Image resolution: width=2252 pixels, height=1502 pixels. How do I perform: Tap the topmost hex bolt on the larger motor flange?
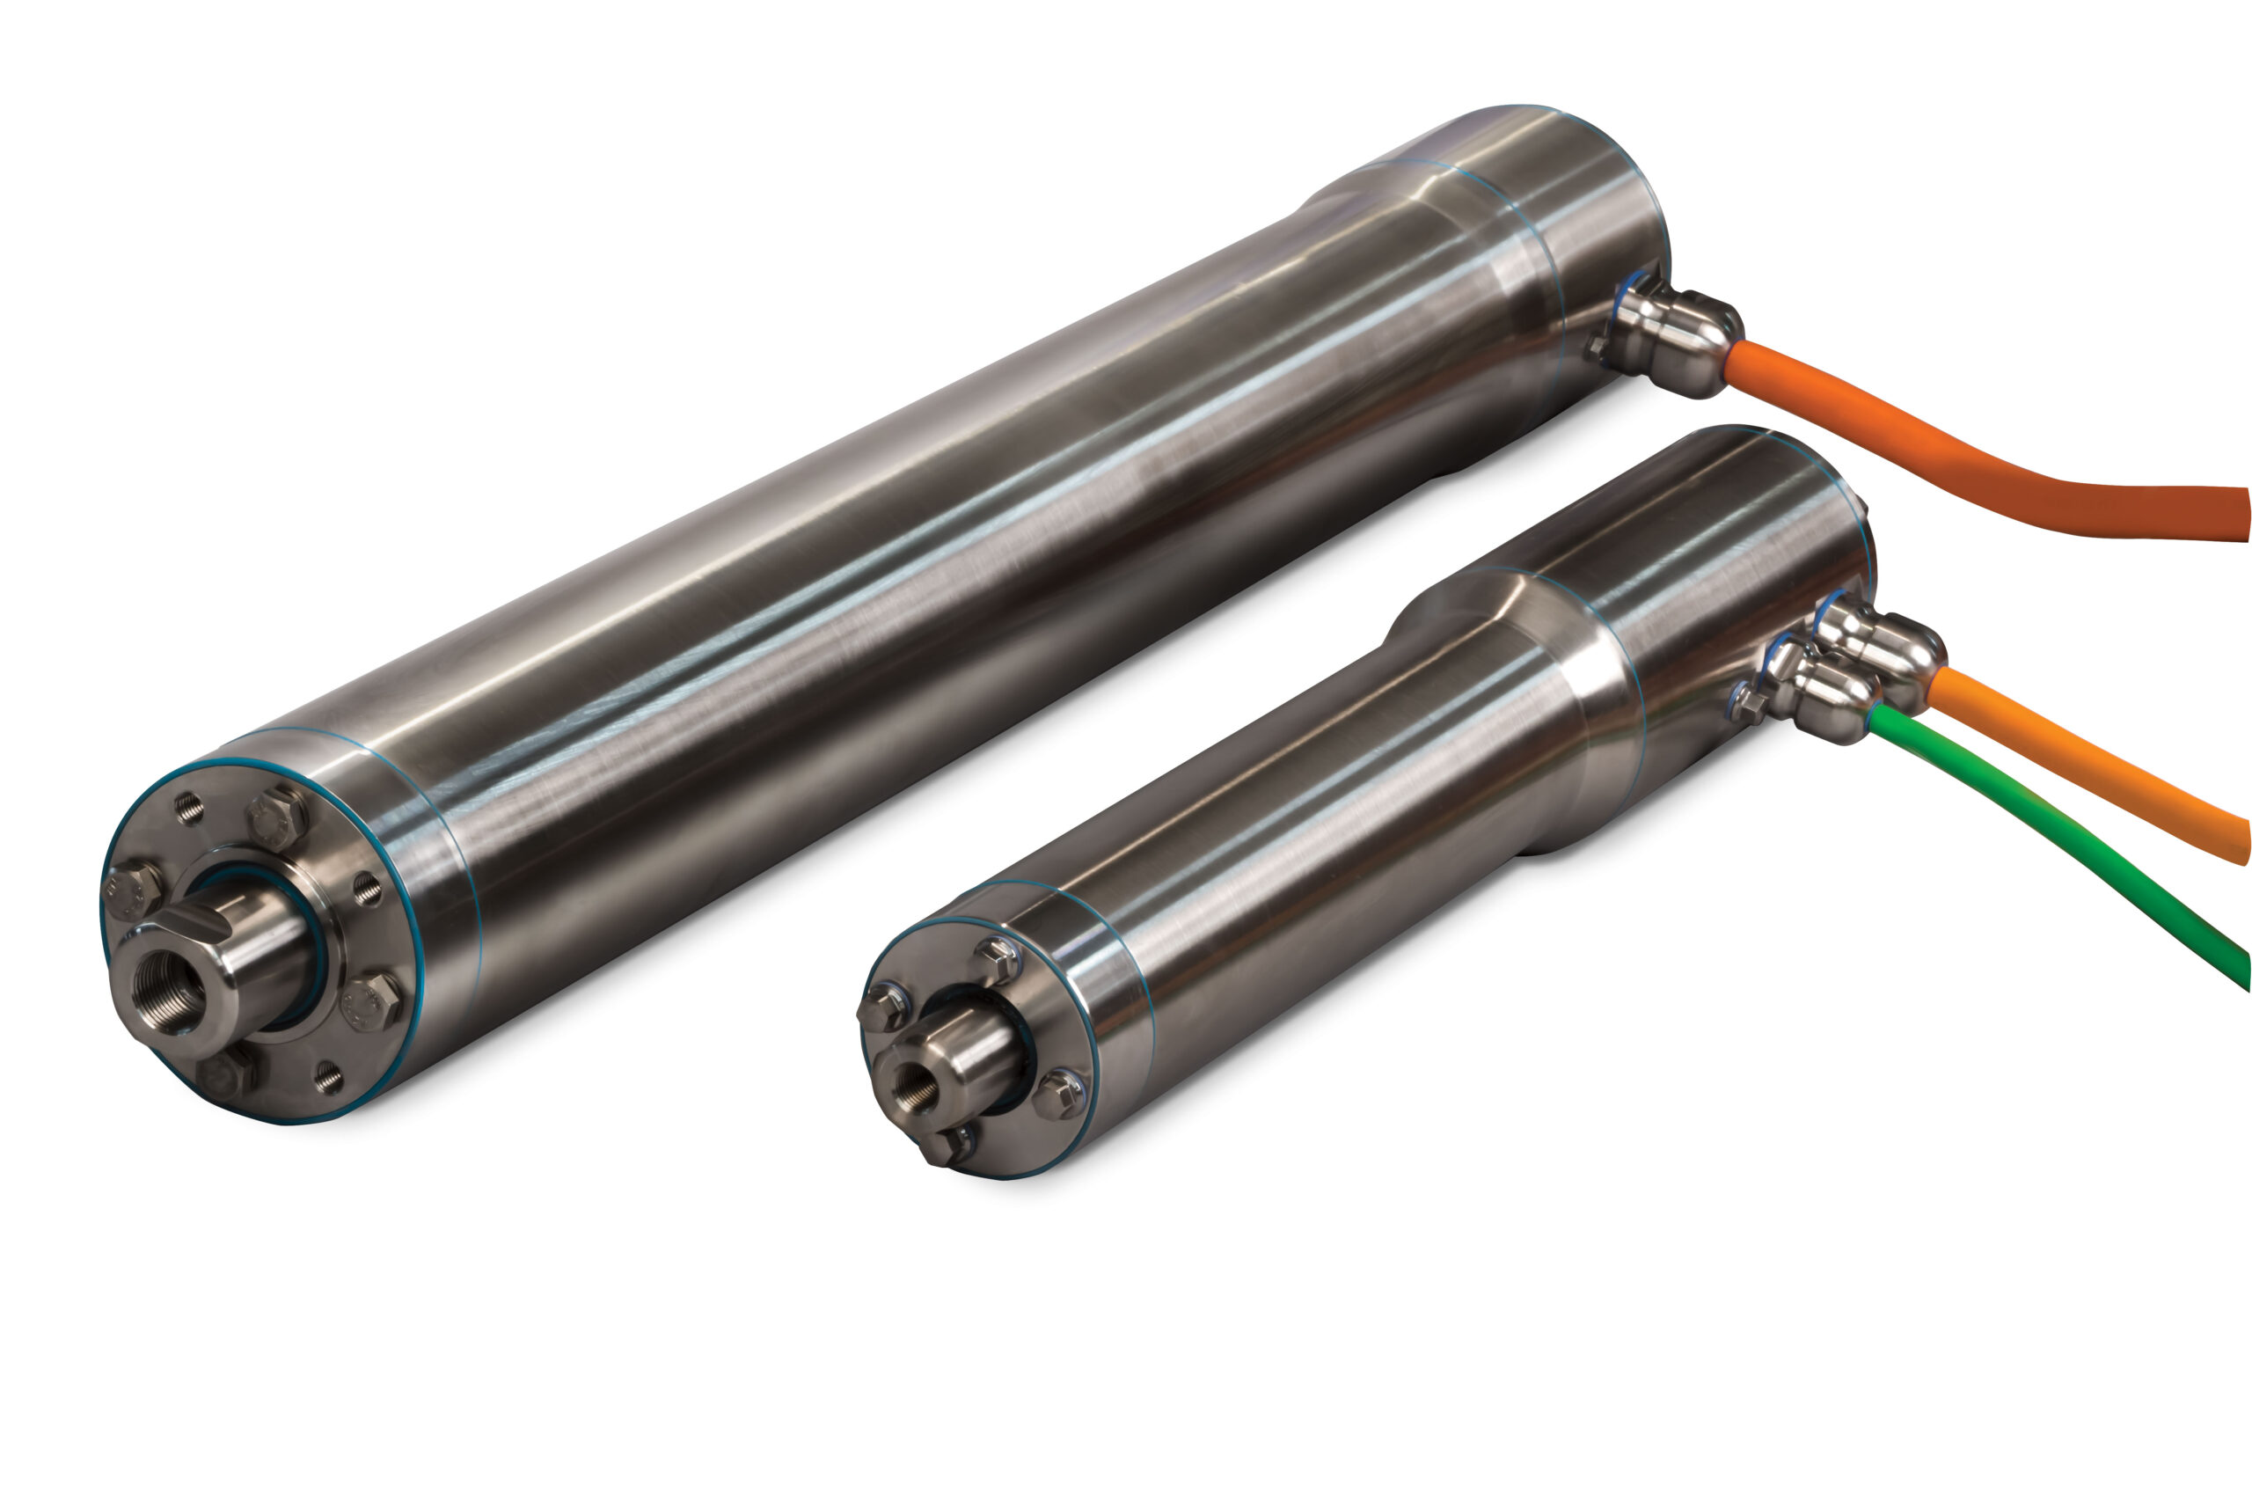(x=278, y=819)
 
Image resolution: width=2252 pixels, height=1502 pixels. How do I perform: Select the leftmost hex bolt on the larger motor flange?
(x=132, y=890)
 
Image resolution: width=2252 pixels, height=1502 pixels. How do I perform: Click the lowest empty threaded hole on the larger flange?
(x=328, y=1078)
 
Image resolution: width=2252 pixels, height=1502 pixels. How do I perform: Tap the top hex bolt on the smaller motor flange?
(x=997, y=958)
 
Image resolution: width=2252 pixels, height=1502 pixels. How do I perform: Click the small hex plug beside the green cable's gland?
(x=1748, y=704)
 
